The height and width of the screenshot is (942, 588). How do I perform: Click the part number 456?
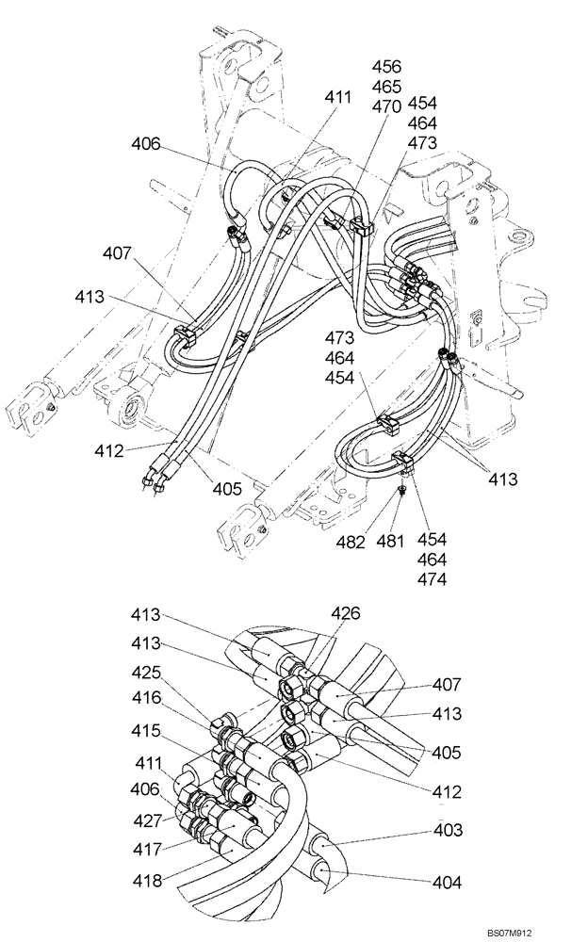pyautogui.click(x=387, y=67)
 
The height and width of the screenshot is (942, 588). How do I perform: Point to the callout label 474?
pyautogui.click(x=433, y=580)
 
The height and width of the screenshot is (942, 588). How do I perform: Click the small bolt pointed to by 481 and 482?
pyautogui.click(x=402, y=491)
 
